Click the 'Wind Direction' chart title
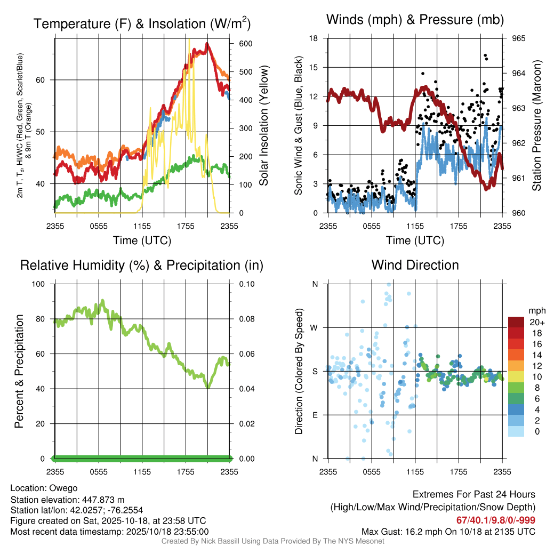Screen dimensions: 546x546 [415, 265]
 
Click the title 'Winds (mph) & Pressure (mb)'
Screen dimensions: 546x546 [415, 20]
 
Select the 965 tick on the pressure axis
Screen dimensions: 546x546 [519, 38]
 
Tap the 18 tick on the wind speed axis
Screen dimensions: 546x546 [314, 38]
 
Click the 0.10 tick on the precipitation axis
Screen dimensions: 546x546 [246, 284]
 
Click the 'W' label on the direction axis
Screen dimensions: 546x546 [315, 327]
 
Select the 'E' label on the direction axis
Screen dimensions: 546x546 [315, 415]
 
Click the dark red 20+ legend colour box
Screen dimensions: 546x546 [516, 322]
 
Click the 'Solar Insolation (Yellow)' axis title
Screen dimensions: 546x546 [263, 126]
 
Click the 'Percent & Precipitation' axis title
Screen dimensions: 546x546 [19, 371]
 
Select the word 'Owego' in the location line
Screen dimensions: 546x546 [63, 488]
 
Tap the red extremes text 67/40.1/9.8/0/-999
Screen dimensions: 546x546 [496, 520]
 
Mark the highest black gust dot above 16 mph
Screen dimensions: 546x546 [485, 55]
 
